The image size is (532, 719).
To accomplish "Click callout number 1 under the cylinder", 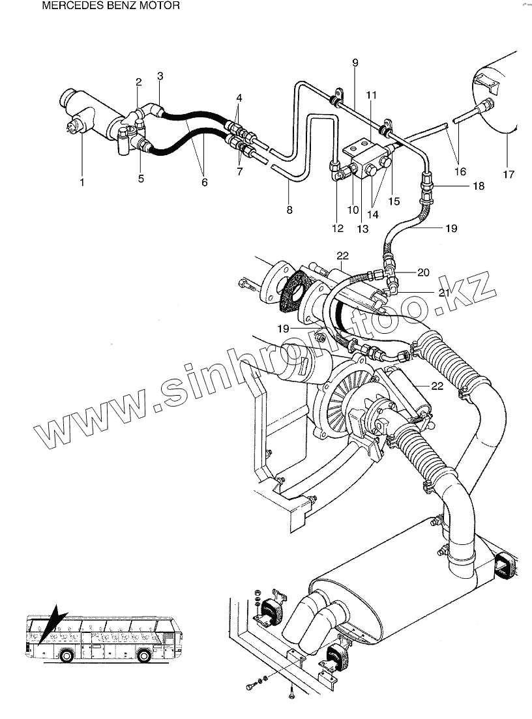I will tap(82, 183).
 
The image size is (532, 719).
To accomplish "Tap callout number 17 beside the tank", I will tap(509, 174).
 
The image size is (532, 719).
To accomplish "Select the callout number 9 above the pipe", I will tap(355, 63).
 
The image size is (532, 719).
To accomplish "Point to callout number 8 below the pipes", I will tap(289, 210).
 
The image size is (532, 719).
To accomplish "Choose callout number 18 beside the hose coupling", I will tap(479, 186).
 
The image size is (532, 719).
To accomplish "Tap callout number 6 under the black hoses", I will tap(204, 183).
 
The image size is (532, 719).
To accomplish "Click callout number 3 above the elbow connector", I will tap(160, 76).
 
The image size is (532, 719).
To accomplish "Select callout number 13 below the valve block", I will tap(362, 229).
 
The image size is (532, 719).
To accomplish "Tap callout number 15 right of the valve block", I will tap(394, 202).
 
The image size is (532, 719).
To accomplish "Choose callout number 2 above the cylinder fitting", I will tap(138, 81).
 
